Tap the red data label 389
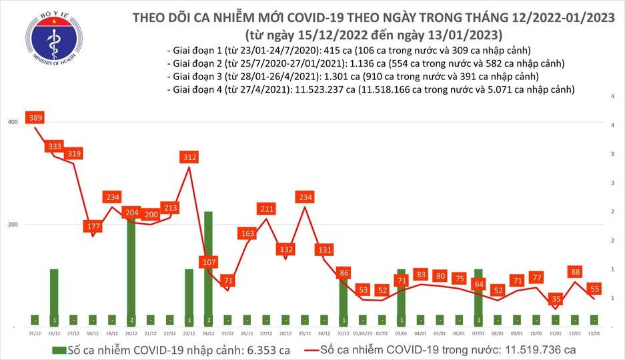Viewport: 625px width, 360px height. pos(35,118)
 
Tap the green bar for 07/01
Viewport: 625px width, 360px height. pos(478,297)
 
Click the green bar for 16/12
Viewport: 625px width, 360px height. pos(55,297)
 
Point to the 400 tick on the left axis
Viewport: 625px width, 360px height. pos(12,122)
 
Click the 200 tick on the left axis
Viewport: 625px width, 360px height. pos(12,225)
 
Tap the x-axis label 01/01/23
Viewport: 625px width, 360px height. pos(363,333)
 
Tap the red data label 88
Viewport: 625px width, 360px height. pos(575,271)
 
